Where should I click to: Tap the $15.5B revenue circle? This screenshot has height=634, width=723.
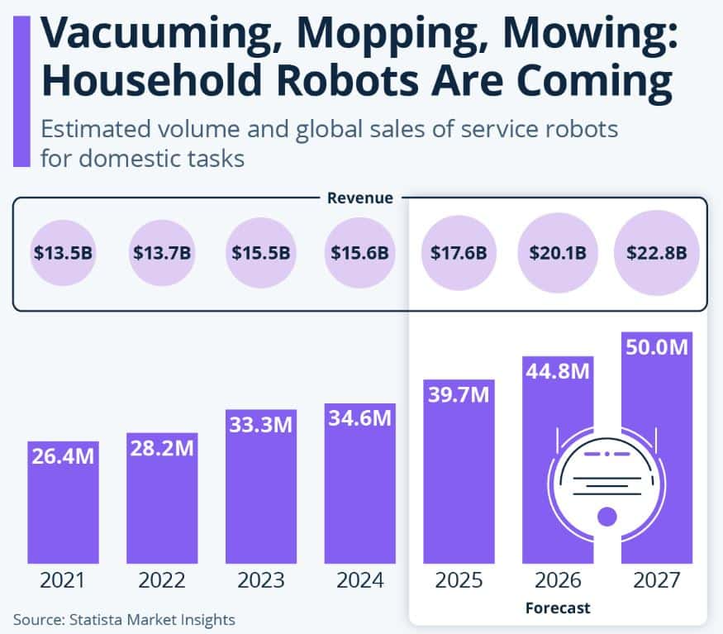pyautogui.click(x=260, y=252)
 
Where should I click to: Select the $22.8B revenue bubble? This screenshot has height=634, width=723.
pyautogui.click(x=657, y=252)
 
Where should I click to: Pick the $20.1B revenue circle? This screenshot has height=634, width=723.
pyautogui.click(x=557, y=252)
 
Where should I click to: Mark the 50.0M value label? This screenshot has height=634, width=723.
pyautogui.click(x=657, y=347)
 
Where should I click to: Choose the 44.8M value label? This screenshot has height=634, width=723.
pyautogui.click(x=557, y=371)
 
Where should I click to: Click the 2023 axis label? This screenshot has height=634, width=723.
pyautogui.click(x=260, y=580)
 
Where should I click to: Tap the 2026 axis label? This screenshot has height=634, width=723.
pyautogui.click(x=557, y=580)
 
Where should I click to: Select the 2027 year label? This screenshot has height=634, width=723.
pyautogui.click(x=657, y=580)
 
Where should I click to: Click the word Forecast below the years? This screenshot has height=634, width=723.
pyautogui.click(x=558, y=608)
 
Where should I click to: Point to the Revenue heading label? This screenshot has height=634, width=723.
pyautogui.click(x=360, y=198)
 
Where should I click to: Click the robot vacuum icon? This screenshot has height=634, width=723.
pyautogui.click(x=607, y=479)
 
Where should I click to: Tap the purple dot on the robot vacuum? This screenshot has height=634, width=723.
pyautogui.click(x=607, y=517)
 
